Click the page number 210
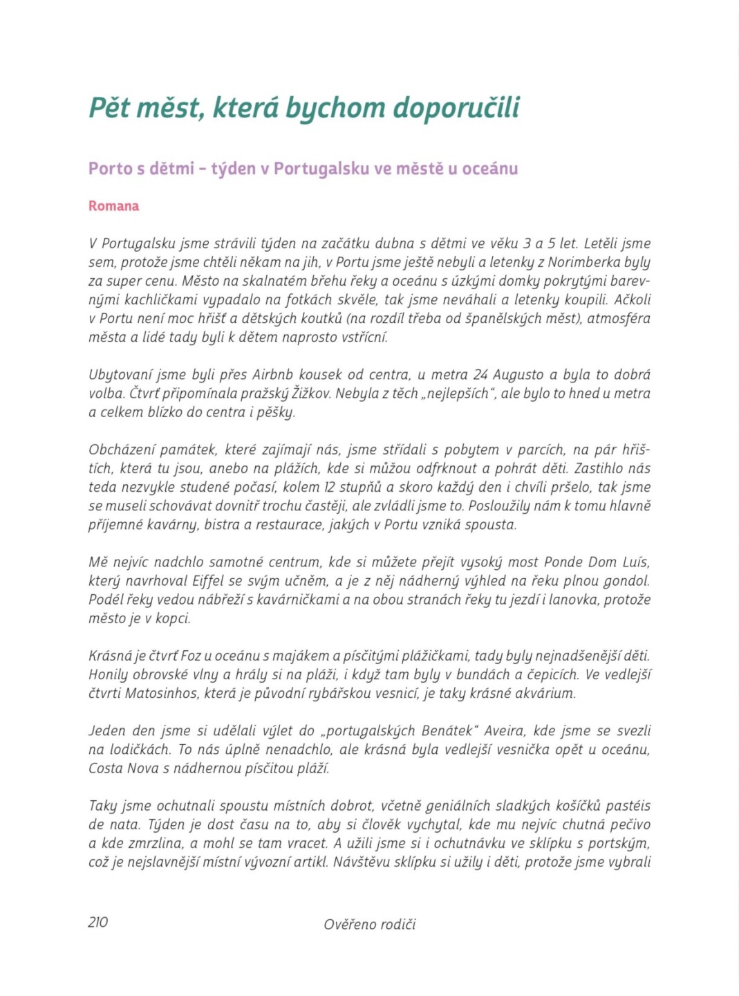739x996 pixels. pyautogui.click(x=98, y=922)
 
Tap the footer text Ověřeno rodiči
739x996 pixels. pyautogui.click(x=370, y=924)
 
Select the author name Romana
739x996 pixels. pyautogui.click(x=113, y=206)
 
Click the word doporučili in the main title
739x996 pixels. pyautogui.click(x=456, y=108)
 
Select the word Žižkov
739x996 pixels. pyautogui.click(x=334, y=394)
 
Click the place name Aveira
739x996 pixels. pyautogui.click(x=505, y=731)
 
